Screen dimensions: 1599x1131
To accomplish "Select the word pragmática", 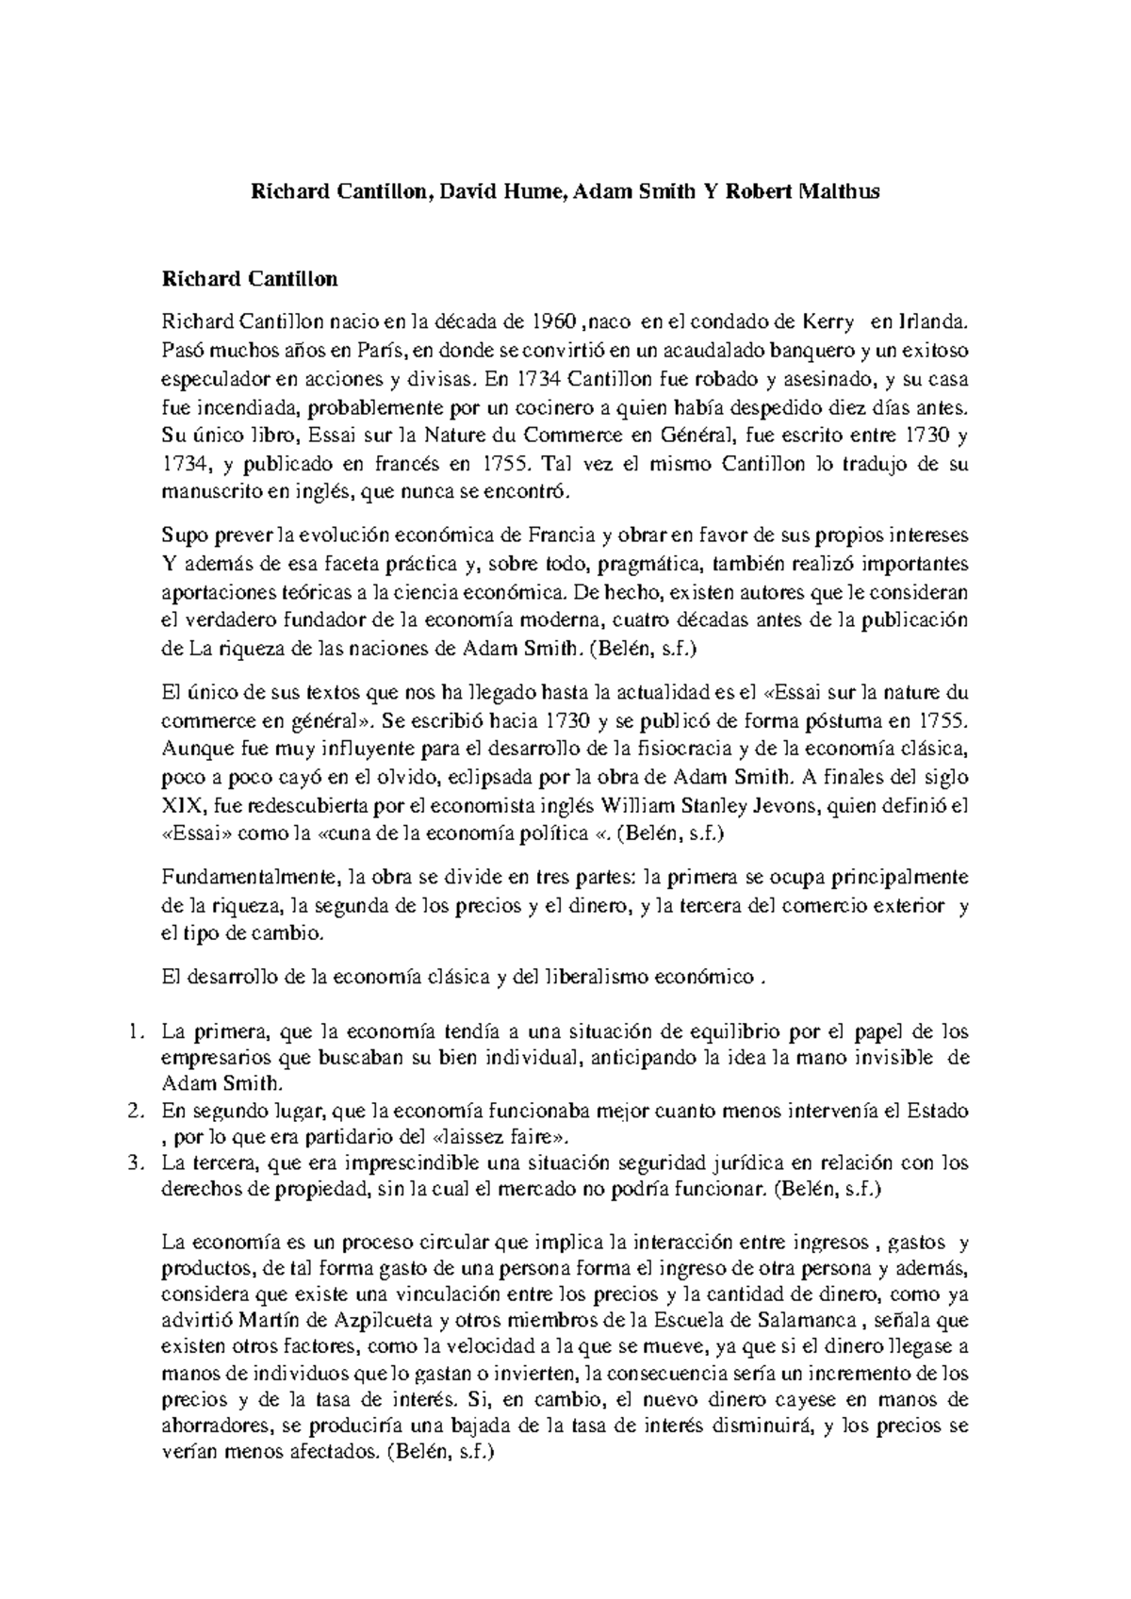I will (x=650, y=565).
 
